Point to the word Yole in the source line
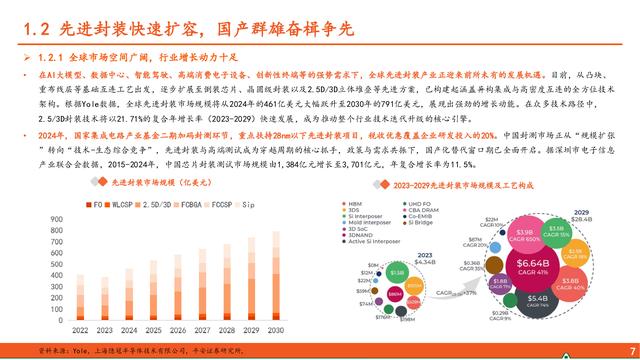point(65,351)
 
